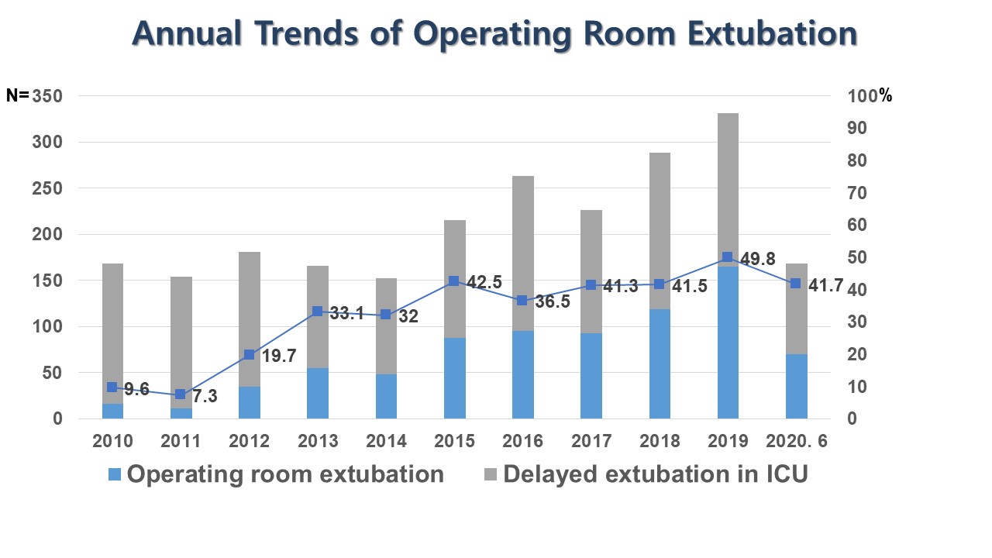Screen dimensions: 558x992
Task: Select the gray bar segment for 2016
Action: (523, 248)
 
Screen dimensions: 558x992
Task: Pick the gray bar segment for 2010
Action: (113, 325)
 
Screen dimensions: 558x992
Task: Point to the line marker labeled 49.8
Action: (727, 257)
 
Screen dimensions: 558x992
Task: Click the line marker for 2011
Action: (181, 394)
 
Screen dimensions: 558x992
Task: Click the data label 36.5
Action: (553, 302)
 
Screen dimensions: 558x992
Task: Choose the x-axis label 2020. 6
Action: (797, 441)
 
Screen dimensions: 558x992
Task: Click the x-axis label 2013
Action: (318, 441)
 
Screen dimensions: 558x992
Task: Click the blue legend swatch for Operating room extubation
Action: (114, 474)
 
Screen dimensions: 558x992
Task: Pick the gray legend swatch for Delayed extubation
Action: (490, 474)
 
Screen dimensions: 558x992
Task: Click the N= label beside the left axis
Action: (17, 96)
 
